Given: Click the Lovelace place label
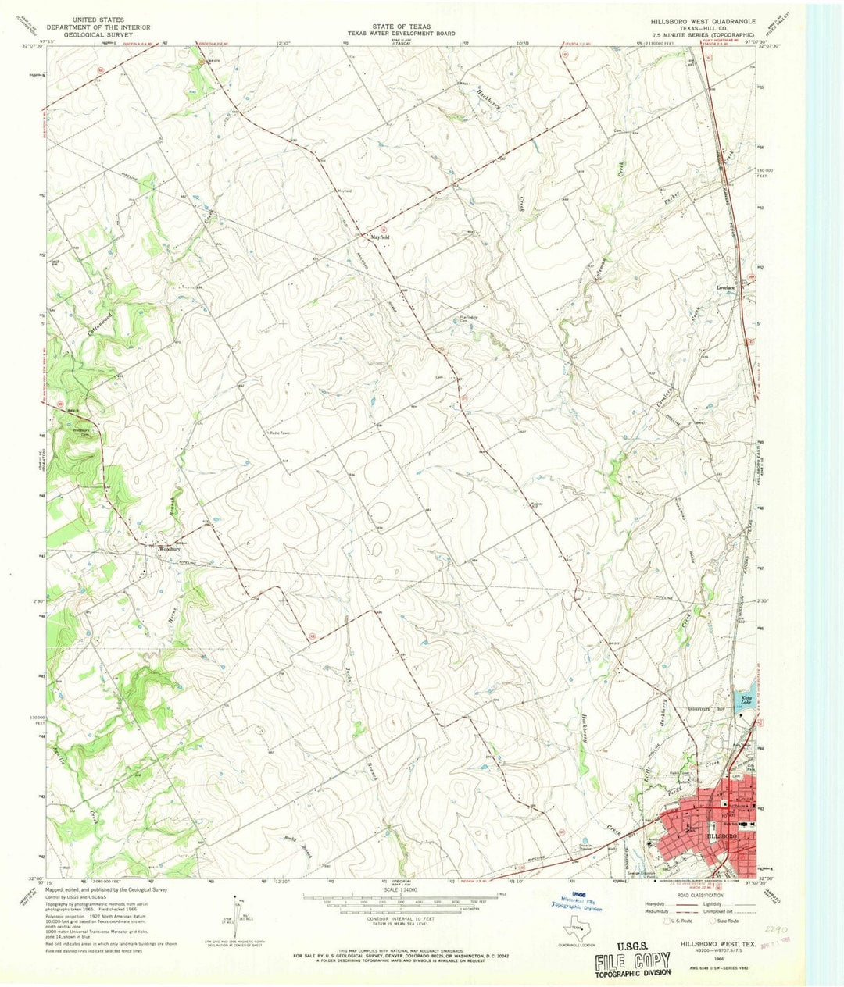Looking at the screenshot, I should (x=728, y=287).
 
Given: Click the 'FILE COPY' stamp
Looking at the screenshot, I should (x=631, y=960).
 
